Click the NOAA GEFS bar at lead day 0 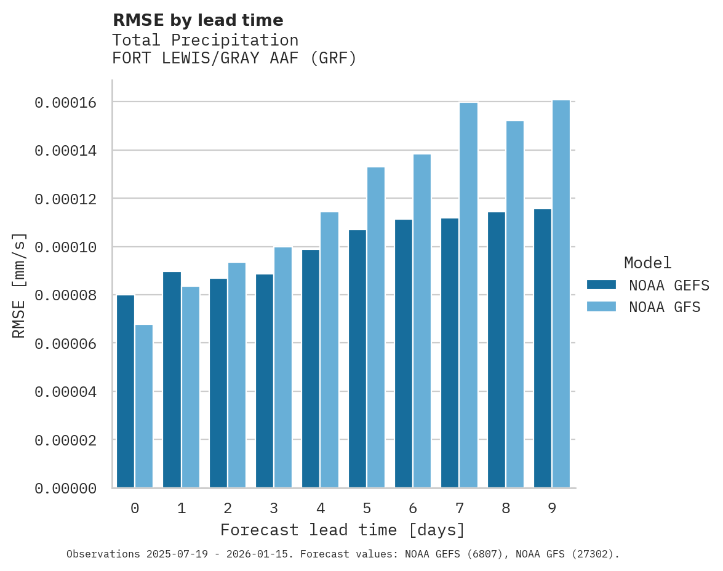click(126, 391)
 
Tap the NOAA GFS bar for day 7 click(468, 295)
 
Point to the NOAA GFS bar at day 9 click(561, 294)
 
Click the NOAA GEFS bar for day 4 click(311, 369)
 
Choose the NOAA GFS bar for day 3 click(283, 367)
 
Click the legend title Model click(647, 263)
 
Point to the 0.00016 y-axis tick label click(65, 103)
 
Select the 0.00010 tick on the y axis click(65, 247)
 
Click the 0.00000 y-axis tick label click(65, 489)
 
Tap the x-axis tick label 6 click(413, 508)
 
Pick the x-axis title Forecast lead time click(343, 530)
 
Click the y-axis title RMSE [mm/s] click(19, 285)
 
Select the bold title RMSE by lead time click(198, 20)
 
